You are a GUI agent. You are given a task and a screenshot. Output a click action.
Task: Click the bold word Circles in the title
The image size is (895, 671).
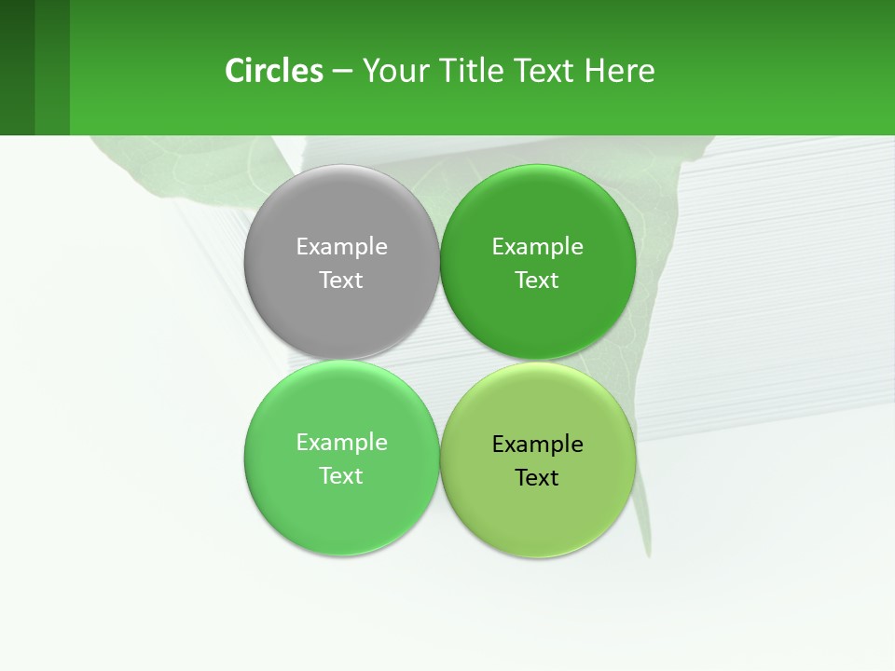(x=274, y=71)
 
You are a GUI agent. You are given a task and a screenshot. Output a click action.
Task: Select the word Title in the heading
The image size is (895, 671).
(x=475, y=71)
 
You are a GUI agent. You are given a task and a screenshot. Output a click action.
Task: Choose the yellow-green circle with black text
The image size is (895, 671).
(x=538, y=508)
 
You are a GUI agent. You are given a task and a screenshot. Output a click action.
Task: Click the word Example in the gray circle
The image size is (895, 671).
(x=341, y=246)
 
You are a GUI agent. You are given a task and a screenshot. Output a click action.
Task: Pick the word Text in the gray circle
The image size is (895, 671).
(x=341, y=280)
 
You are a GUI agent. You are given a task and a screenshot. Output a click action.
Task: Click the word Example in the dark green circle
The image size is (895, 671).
(x=538, y=246)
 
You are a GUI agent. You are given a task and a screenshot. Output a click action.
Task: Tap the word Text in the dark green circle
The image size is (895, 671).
(x=538, y=280)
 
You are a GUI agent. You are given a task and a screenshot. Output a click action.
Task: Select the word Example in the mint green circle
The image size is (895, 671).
(x=341, y=442)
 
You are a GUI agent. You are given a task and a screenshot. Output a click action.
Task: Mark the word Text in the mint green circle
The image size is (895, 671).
(x=341, y=475)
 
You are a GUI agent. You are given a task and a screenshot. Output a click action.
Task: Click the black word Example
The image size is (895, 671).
(x=538, y=444)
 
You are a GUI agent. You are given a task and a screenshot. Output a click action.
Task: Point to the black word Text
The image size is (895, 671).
(x=538, y=477)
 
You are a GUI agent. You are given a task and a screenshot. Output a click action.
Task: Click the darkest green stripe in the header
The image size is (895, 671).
(x=17, y=67)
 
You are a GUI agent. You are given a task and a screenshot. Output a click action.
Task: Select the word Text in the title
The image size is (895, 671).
(x=546, y=71)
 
